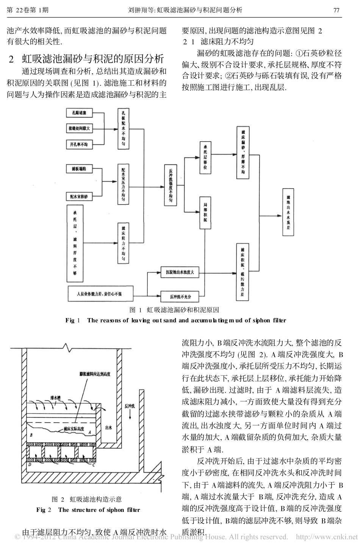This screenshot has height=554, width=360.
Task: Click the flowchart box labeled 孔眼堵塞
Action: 79,113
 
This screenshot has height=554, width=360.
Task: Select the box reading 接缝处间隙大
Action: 79,128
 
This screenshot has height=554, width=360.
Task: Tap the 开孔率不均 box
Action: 79,144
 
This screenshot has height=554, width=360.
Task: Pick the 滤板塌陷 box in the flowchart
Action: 79,169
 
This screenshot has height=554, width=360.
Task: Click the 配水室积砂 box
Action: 79,197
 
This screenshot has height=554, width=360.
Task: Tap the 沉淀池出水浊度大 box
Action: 180,272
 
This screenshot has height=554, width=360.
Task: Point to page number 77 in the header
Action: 336,10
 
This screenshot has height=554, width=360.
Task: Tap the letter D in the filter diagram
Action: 29,464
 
